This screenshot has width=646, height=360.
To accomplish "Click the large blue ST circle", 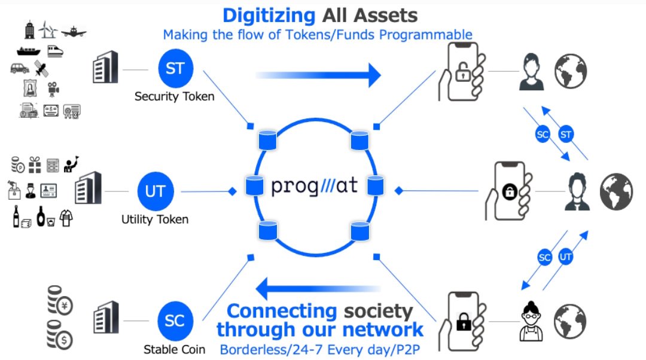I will click(175, 68).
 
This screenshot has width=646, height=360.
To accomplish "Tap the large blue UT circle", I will click(156, 191).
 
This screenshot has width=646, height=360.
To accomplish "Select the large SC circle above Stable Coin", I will click(175, 320).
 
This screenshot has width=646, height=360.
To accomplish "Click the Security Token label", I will click(174, 96).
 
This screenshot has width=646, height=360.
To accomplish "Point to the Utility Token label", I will click(155, 219).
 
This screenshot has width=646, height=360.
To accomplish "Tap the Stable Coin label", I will click(175, 349).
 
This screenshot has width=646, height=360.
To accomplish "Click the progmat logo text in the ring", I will click(315, 186).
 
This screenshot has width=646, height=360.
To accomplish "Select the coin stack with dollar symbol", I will click(60, 337).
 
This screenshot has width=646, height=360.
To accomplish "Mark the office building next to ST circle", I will click(106, 69).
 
